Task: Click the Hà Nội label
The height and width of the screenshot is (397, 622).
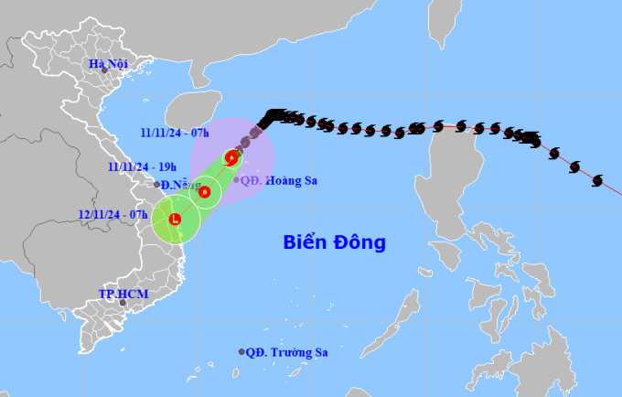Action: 107,63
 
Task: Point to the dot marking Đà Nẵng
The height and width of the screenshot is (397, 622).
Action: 157,185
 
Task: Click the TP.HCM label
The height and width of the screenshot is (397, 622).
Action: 123,294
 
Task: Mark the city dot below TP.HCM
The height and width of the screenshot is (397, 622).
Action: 123,303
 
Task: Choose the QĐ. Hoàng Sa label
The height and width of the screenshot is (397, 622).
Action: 280,180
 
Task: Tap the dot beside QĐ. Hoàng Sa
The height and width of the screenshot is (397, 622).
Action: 237,180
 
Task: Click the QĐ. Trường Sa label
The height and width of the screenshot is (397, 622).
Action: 287,351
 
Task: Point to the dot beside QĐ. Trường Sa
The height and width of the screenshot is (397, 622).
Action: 241,351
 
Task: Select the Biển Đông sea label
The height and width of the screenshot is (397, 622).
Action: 334,242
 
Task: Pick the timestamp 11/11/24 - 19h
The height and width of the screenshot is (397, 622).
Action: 141,166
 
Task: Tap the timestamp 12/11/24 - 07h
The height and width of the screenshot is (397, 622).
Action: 113,214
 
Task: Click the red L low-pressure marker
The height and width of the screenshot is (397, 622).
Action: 174,220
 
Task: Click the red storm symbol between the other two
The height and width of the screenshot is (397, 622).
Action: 205,192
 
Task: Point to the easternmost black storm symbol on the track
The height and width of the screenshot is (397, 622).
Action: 597,179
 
